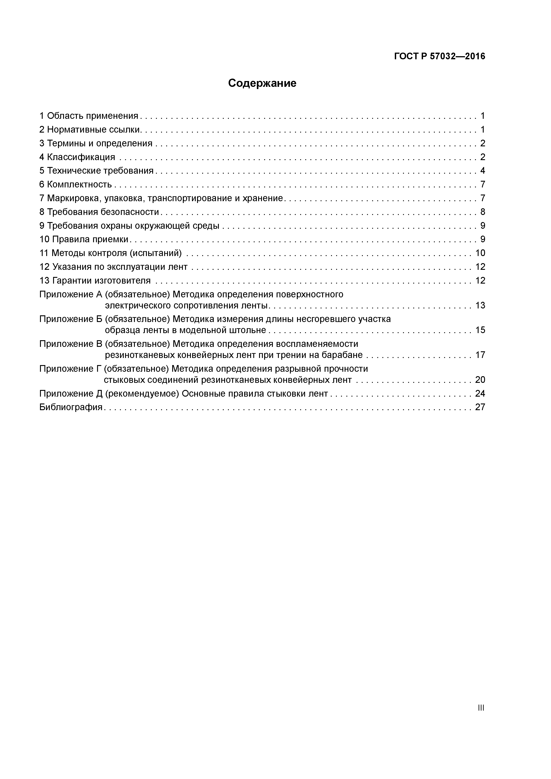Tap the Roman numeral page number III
[x=480, y=708]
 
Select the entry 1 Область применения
[x=89, y=116]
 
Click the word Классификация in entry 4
[x=81, y=157]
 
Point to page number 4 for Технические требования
[x=482, y=171]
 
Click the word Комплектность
[x=79, y=185]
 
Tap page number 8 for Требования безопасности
[x=482, y=212]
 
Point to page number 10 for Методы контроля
[x=480, y=253]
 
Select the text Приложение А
[x=71, y=294]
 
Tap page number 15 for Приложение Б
[x=480, y=330]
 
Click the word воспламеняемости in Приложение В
[x=317, y=344]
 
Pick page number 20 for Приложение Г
[x=480, y=380]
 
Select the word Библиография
[x=71, y=407]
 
